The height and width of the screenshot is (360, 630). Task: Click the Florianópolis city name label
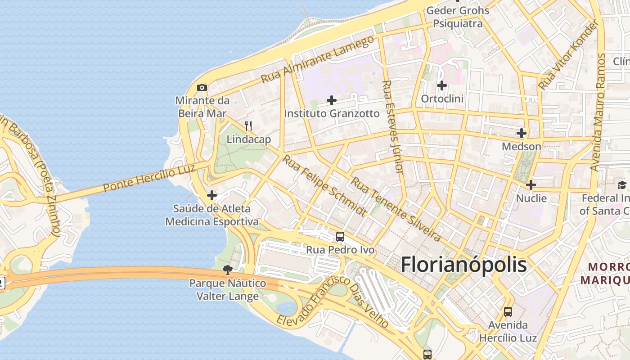pyautogui.click(x=463, y=265)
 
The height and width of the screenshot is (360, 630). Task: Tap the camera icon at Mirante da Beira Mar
pyautogui.click(x=202, y=87)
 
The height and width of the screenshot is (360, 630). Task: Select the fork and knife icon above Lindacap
pyautogui.click(x=248, y=126)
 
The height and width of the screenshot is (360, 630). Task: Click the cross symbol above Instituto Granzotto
pyautogui.click(x=332, y=100)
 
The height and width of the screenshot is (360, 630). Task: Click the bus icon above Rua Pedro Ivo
pyautogui.click(x=340, y=237)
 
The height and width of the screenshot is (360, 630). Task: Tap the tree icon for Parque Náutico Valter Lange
pyautogui.click(x=228, y=270)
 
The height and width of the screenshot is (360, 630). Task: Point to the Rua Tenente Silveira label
pyautogui.click(x=396, y=209)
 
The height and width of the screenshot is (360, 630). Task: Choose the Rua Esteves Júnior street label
pyautogui.click(x=391, y=127)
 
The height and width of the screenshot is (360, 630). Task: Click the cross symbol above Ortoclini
pyautogui.click(x=442, y=85)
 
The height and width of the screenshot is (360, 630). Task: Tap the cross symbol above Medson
pyautogui.click(x=522, y=134)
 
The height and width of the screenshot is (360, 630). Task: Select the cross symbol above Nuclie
pyautogui.click(x=531, y=185)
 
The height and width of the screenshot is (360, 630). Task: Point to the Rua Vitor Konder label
pyautogui.click(x=569, y=55)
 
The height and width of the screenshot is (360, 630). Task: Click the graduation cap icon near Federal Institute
pyautogui.click(x=622, y=185)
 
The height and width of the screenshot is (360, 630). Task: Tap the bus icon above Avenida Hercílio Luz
pyautogui.click(x=508, y=311)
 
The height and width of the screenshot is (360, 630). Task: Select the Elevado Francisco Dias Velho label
pyautogui.click(x=333, y=302)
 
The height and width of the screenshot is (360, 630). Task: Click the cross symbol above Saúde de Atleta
pyautogui.click(x=211, y=195)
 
